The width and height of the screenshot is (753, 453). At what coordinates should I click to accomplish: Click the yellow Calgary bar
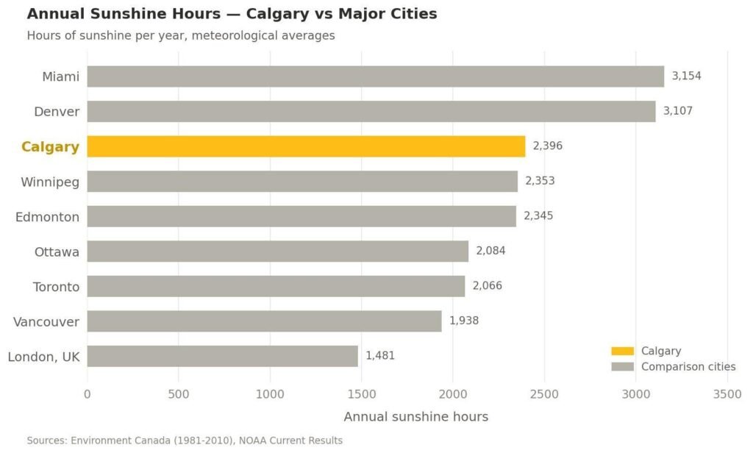(306, 146)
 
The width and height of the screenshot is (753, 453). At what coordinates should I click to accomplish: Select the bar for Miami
(375, 76)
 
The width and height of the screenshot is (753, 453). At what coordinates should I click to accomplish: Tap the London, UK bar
(222, 356)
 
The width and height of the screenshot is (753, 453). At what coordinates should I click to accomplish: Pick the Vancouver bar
(264, 321)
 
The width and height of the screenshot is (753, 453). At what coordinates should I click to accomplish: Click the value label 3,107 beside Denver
(677, 111)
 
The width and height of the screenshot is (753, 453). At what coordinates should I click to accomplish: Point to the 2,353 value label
(540, 181)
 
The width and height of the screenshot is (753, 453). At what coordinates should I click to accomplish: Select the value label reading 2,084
(490, 251)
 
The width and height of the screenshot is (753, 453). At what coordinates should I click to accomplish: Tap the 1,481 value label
(380, 356)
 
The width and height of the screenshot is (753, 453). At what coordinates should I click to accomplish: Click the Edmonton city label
(48, 216)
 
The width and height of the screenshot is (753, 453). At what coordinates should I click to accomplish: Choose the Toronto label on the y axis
(56, 286)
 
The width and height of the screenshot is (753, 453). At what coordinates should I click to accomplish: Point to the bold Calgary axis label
(50, 146)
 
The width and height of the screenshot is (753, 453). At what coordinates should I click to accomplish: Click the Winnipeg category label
(50, 181)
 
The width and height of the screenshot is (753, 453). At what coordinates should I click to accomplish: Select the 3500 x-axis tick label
(727, 394)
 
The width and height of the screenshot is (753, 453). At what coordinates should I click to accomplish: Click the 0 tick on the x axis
(88, 394)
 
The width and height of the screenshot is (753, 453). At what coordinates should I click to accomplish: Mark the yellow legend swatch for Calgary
(622, 352)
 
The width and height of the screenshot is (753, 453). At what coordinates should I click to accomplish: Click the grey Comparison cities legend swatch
(622, 367)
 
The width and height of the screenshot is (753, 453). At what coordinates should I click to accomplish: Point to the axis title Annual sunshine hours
(415, 417)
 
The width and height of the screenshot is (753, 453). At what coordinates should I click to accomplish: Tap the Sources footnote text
(185, 440)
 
